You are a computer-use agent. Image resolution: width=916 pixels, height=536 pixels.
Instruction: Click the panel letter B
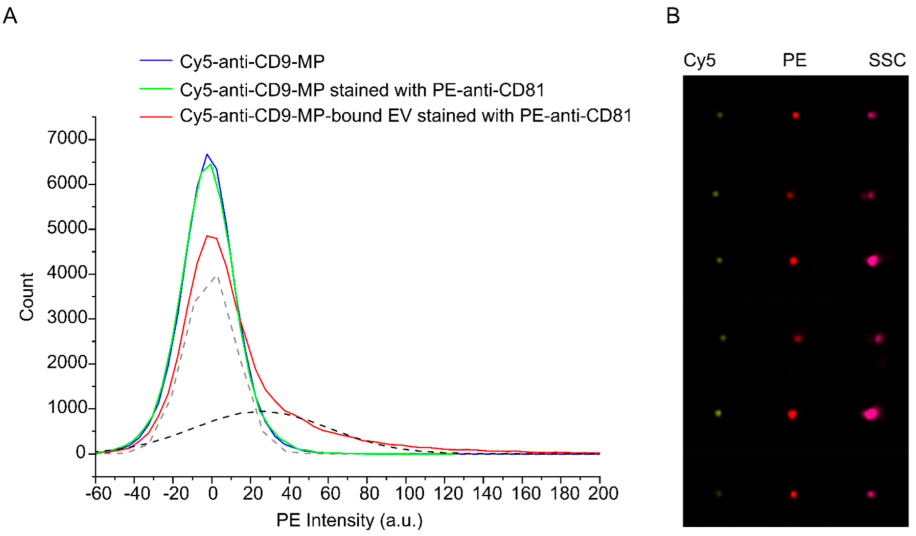coord(673,16)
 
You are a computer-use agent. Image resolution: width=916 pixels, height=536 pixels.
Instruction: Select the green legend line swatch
coord(156,89)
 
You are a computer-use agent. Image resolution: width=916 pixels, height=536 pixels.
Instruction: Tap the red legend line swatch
coord(156,116)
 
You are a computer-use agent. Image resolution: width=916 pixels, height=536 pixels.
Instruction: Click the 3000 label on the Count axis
coord(67,318)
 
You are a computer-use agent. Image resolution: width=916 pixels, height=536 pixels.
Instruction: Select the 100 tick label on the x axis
coord(409,493)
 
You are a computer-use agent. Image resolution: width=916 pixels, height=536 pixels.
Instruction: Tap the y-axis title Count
coord(27,297)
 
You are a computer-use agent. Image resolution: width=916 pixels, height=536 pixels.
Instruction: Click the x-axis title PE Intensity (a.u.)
coord(349,520)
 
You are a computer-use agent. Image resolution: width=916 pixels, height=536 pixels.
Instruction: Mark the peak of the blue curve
coord(207,155)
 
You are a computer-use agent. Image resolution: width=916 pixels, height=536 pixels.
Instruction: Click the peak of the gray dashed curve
coord(216,277)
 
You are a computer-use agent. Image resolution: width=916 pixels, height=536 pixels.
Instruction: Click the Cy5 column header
coord(699,60)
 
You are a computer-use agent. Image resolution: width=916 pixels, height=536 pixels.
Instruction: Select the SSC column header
coord(887,60)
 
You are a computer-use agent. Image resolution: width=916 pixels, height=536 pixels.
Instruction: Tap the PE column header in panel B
coord(794,60)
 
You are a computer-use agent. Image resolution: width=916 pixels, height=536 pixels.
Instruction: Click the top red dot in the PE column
coord(795,115)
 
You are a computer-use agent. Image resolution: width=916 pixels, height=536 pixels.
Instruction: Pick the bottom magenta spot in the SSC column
coord(871,494)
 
